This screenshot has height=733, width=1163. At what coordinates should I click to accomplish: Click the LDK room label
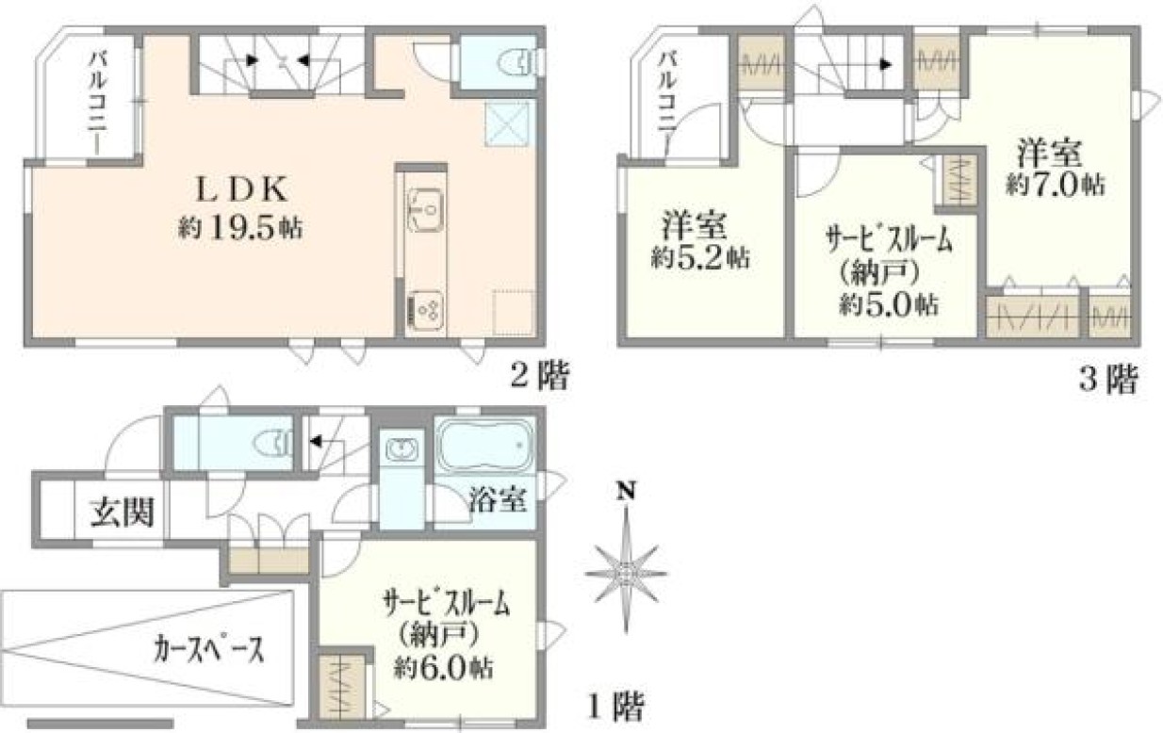point(241,189)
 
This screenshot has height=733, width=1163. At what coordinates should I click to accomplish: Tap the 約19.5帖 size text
point(240,228)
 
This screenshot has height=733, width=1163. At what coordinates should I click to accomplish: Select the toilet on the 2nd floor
point(517,62)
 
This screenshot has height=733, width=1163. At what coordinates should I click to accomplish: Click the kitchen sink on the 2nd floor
point(425,210)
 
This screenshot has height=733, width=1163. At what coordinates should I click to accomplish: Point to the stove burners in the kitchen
point(426,310)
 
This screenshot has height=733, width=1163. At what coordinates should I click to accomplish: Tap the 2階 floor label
point(540,375)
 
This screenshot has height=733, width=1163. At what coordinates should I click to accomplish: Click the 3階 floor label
point(1109,379)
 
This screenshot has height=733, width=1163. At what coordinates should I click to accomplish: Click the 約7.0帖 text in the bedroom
point(1055,185)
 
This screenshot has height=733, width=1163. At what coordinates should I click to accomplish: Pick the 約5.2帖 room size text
point(700,256)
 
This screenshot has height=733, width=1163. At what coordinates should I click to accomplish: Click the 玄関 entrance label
point(122,513)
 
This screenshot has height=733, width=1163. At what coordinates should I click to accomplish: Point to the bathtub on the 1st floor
point(485,445)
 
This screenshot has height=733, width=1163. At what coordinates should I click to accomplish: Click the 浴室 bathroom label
point(498,500)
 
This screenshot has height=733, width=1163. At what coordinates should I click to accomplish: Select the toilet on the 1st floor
point(272,445)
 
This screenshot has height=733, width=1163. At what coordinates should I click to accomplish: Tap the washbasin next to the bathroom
point(401,449)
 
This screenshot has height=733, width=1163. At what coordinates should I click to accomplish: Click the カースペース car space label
point(208,649)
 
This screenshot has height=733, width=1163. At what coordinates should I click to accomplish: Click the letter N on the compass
point(627,491)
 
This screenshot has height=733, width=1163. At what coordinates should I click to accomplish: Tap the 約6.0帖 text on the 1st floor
point(443,668)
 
